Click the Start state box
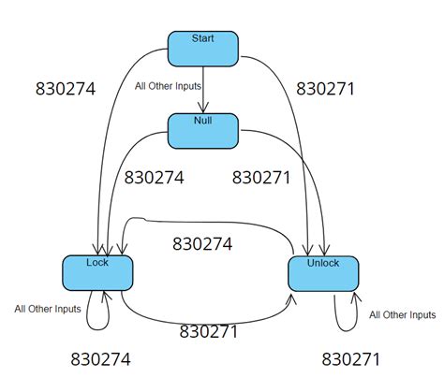[203, 48]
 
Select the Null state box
[203, 130]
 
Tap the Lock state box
[98, 271]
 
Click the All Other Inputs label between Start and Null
[167, 87]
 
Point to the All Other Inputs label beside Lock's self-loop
[47, 308]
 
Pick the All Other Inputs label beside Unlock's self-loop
[402, 314]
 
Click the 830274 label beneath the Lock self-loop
[100, 359]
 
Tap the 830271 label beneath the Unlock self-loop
[350, 359]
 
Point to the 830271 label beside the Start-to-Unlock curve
[325, 90]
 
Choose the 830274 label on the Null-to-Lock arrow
[155, 176]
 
